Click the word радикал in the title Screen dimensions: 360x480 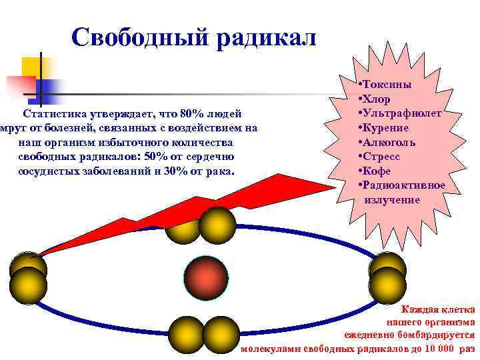tap(265, 38)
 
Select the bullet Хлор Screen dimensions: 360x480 tap(379, 99)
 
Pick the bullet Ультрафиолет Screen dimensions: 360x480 tap(402, 113)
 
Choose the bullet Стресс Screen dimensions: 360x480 tap(381, 156)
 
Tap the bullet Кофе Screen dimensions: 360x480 tap(377, 171)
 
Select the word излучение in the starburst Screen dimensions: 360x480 tap(392, 199)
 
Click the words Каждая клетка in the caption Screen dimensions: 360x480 tap(437, 309)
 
